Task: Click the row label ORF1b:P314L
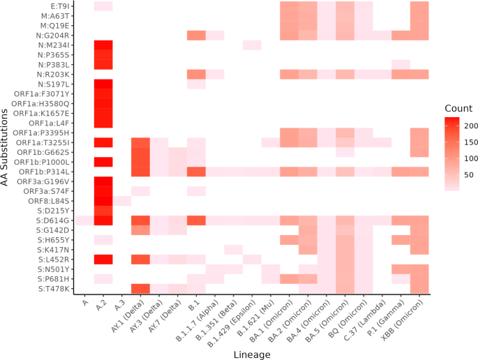pos(47,172)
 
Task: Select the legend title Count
pos(458,109)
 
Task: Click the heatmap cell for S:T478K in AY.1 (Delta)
pos(140,289)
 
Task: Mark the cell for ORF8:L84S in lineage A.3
pos(121,201)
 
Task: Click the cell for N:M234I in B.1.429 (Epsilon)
pos(252,45)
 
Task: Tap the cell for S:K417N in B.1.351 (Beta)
pos(233,250)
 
